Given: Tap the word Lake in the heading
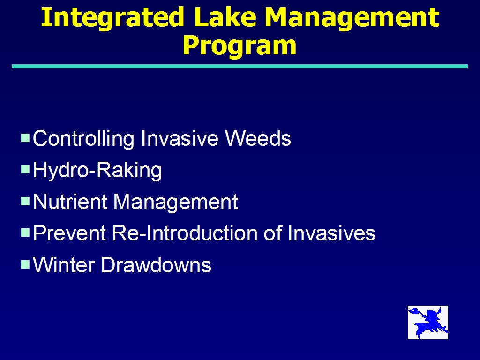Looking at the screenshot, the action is pyautogui.click(x=225, y=17).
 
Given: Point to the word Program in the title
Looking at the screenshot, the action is pyautogui.click(x=240, y=46).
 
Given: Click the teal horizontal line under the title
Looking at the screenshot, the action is pyautogui.click(x=240, y=67).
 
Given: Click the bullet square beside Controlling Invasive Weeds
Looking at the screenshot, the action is pyautogui.click(x=25, y=138).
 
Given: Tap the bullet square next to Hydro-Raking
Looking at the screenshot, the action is pyautogui.click(x=25, y=169).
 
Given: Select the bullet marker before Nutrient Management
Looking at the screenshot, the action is pyautogui.click(x=25, y=201).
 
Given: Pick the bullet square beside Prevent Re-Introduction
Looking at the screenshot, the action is pyautogui.click(x=25, y=232).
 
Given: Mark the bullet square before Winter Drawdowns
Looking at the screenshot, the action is pyautogui.click(x=25, y=264).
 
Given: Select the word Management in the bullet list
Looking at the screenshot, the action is pyautogui.click(x=176, y=202).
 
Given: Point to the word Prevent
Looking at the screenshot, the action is pyautogui.click(x=69, y=233).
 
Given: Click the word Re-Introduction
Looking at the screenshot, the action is pyautogui.click(x=185, y=233).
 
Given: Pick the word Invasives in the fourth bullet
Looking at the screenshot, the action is pyautogui.click(x=331, y=233).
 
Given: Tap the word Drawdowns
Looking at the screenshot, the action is pyautogui.click(x=156, y=265).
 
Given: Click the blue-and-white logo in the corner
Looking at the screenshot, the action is pyautogui.click(x=428, y=322).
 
